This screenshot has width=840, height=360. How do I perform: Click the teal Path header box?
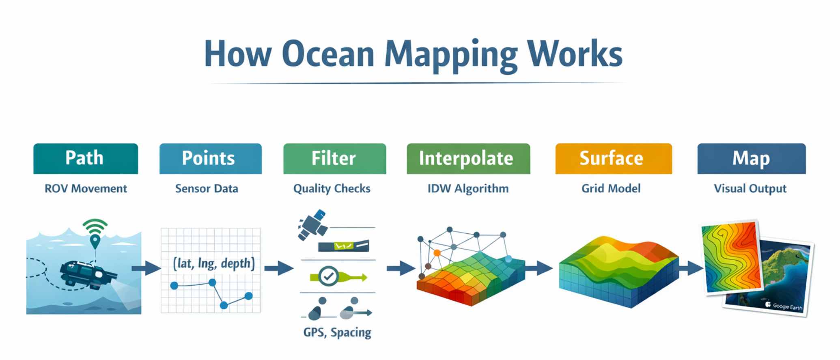click(x=85, y=158)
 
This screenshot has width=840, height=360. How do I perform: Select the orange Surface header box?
click(x=613, y=158)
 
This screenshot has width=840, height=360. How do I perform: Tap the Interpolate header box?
click(x=468, y=158)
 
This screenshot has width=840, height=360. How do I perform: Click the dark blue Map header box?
click(x=751, y=158)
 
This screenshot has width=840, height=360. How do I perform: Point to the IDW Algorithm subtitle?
click(x=468, y=189)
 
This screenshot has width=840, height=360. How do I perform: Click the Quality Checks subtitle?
click(x=332, y=189)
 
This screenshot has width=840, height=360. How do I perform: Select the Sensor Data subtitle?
click(x=207, y=189)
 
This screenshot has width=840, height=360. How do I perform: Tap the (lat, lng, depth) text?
click(x=214, y=264)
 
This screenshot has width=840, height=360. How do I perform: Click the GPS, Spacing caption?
click(x=337, y=332)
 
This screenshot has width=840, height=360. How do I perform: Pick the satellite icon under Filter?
click(x=312, y=225)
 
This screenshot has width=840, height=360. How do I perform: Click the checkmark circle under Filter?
click(x=328, y=276)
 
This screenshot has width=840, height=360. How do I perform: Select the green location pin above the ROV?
click(x=95, y=241)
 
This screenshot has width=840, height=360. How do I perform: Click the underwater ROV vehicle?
click(x=86, y=274)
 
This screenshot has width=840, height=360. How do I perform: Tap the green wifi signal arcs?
click(x=95, y=226)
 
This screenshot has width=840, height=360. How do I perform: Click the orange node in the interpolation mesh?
click(x=437, y=253)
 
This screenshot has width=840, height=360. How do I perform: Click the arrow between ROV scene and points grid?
click(x=146, y=268)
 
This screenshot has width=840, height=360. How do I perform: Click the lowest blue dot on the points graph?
click(x=224, y=305)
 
